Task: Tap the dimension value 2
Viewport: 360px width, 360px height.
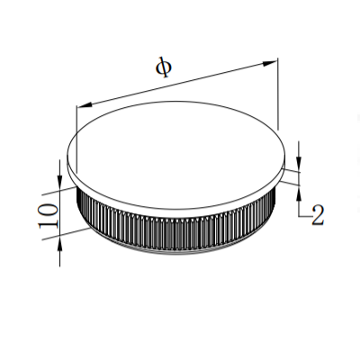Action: [x=316, y=215]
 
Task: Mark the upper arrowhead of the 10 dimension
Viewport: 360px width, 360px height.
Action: [x=59, y=169]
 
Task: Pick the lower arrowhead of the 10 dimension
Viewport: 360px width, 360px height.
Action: [x=59, y=247]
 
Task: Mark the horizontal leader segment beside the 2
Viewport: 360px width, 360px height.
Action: [x=304, y=216]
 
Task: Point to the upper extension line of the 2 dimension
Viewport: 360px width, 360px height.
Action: [x=290, y=166]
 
